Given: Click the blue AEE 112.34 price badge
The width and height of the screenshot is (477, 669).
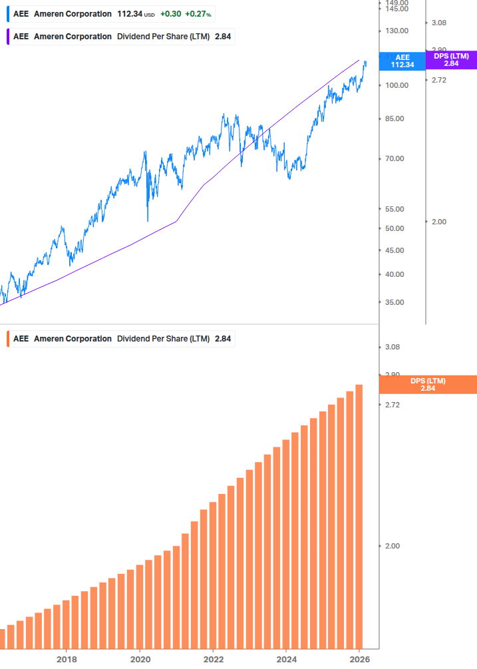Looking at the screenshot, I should coord(402,61).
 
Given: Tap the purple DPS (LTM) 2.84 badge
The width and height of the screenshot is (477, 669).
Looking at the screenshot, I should coord(451,60).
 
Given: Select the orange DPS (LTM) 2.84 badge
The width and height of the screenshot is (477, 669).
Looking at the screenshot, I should coord(427,384).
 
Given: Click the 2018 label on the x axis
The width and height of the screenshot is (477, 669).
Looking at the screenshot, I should coord(67,659).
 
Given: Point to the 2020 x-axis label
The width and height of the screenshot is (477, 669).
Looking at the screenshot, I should coord(140,659).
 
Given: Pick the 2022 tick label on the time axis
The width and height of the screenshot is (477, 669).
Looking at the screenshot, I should coord(213,659).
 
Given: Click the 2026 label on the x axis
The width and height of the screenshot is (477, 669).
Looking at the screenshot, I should coord(359,659).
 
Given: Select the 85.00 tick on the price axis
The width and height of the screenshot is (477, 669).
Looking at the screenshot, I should coord(395,119).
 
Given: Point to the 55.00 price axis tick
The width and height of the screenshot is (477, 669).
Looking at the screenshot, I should coord(395,209).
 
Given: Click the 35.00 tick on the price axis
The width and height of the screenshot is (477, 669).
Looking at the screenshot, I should coord(395,302).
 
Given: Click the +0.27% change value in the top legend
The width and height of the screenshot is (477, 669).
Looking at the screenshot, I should coord(198,14).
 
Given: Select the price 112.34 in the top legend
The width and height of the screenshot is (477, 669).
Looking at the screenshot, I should coord(130,14).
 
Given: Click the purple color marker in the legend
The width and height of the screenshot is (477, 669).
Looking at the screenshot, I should coord(8,37).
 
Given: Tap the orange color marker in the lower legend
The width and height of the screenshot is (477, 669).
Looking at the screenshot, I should coord(8,339).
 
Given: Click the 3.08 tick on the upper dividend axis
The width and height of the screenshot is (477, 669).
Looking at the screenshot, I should coord(438,23).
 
